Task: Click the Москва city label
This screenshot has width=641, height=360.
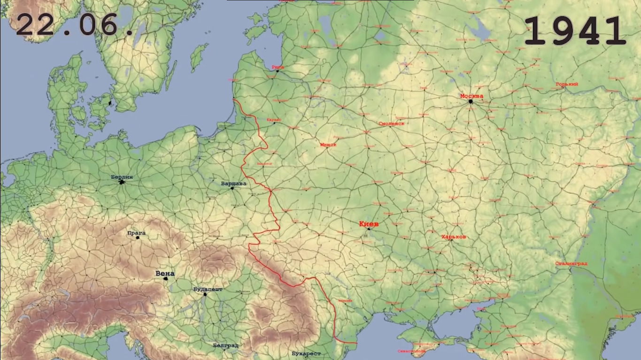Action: pyautogui.click(x=471, y=96)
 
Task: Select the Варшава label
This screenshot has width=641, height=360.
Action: pyautogui.click(x=233, y=183)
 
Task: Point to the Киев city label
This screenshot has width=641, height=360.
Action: pyautogui.click(x=369, y=223)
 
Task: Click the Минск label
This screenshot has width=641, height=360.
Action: pyautogui.click(x=328, y=145)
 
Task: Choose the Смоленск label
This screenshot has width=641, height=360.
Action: pyautogui.click(x=391, y=123)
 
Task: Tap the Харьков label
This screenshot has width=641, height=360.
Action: pyautogui.click(x=454, y=237)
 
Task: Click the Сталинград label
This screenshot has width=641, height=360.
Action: pyautogui.click(x=571, y=263)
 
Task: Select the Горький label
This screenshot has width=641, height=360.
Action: pyautogui.click(x=567, y=84)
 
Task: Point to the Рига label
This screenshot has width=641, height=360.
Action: pyautogui.click(x=278, y=67)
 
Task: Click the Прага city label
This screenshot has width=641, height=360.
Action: pyautogui.click(x=137, y=233)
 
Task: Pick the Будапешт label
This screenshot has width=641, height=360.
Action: pyautogui.click(x=208, y=289)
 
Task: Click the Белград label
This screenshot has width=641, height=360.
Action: pyautogui.click(x=225, y=345)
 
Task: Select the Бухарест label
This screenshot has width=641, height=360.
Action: pyautogui.click(x=306, y=353)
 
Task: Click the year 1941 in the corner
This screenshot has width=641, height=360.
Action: pyautogui.click(x=575, y=31)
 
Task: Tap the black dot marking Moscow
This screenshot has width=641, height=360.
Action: pyautogui.click(x=470, y=101)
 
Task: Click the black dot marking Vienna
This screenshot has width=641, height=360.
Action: pyautogui.click(x=165, y=279)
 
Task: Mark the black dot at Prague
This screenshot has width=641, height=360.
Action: pyautogui.click(x=138, y=237)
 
